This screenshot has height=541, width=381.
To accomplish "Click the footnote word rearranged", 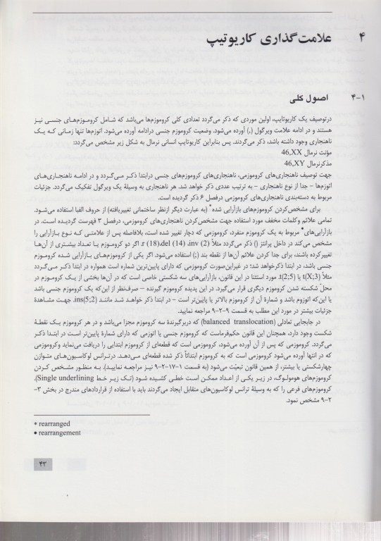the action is tap(58, 426).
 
